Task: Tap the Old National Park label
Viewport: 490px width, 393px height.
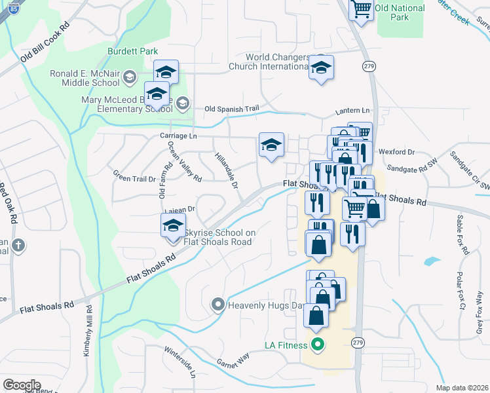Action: [400, 13]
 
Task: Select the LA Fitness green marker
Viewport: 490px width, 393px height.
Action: [318, 343]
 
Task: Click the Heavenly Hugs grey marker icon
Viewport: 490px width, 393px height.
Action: [217, 305]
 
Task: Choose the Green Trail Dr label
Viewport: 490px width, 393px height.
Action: [134, 176]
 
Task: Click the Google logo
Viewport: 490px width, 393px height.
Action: [22, 385]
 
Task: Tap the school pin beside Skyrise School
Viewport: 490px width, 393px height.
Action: [174, 226]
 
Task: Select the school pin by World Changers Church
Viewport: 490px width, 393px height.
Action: [321, 68]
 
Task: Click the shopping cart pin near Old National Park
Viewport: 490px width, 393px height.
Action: [361, 9]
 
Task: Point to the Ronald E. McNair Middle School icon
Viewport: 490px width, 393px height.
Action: [129, 78]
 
